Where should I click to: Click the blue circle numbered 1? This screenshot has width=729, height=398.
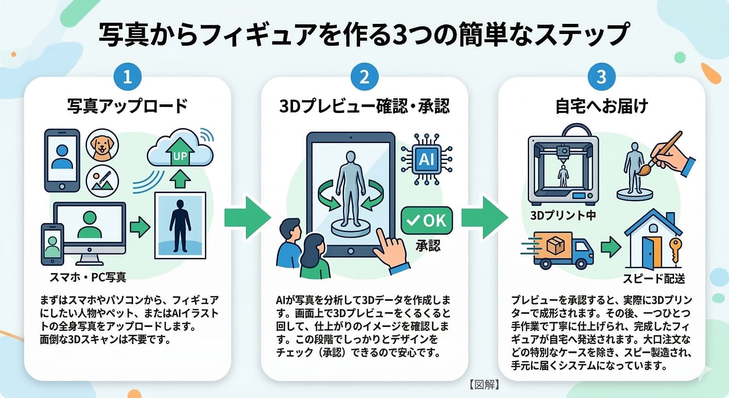click(127, 77)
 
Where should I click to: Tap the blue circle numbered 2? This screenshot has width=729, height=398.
click(364, 77)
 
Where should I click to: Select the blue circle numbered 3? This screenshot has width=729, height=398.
click(601, 77)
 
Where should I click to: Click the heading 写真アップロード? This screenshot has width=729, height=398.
click(127, 106)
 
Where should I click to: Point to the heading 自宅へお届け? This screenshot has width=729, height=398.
click(602, 106)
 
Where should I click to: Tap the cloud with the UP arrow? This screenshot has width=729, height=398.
click(180, 148)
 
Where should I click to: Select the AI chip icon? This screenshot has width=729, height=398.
click(427, 159)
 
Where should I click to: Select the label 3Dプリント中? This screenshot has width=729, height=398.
click(563, 215)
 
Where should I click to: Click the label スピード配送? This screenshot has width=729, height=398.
click(654, 278)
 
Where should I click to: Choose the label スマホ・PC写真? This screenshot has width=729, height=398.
click(88, 277)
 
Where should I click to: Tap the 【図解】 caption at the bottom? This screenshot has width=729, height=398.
click(485, 384)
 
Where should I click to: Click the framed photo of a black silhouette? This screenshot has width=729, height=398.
click(180, 225)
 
